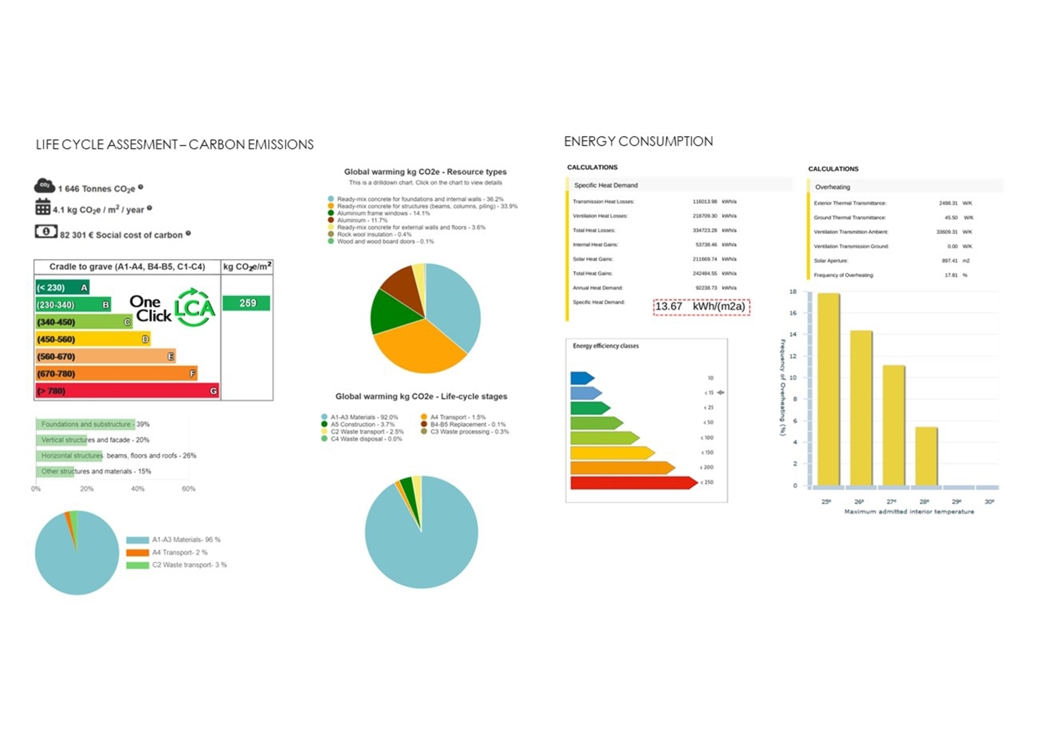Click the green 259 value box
[x=246, y=303]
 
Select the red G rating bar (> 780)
[x=127, y=391]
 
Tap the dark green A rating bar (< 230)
[x=62, y=287]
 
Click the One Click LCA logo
[x=172, y=308]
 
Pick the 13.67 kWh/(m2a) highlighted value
[x=701, y=307]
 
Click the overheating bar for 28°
[x=926, y=456]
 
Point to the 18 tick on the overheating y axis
[x=793, y=291]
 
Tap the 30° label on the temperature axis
[x=989, y=502]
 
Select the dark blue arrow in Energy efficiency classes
[x=582, y=378]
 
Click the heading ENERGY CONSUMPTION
[x=638, y=141]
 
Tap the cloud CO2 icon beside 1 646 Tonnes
[x=44, y=187]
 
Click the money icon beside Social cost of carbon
[x=45, y=232]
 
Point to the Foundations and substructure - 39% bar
[x=86, y=424]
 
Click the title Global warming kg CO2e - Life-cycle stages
[x=421, y=397]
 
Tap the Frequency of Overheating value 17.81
[x=951, y=275]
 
